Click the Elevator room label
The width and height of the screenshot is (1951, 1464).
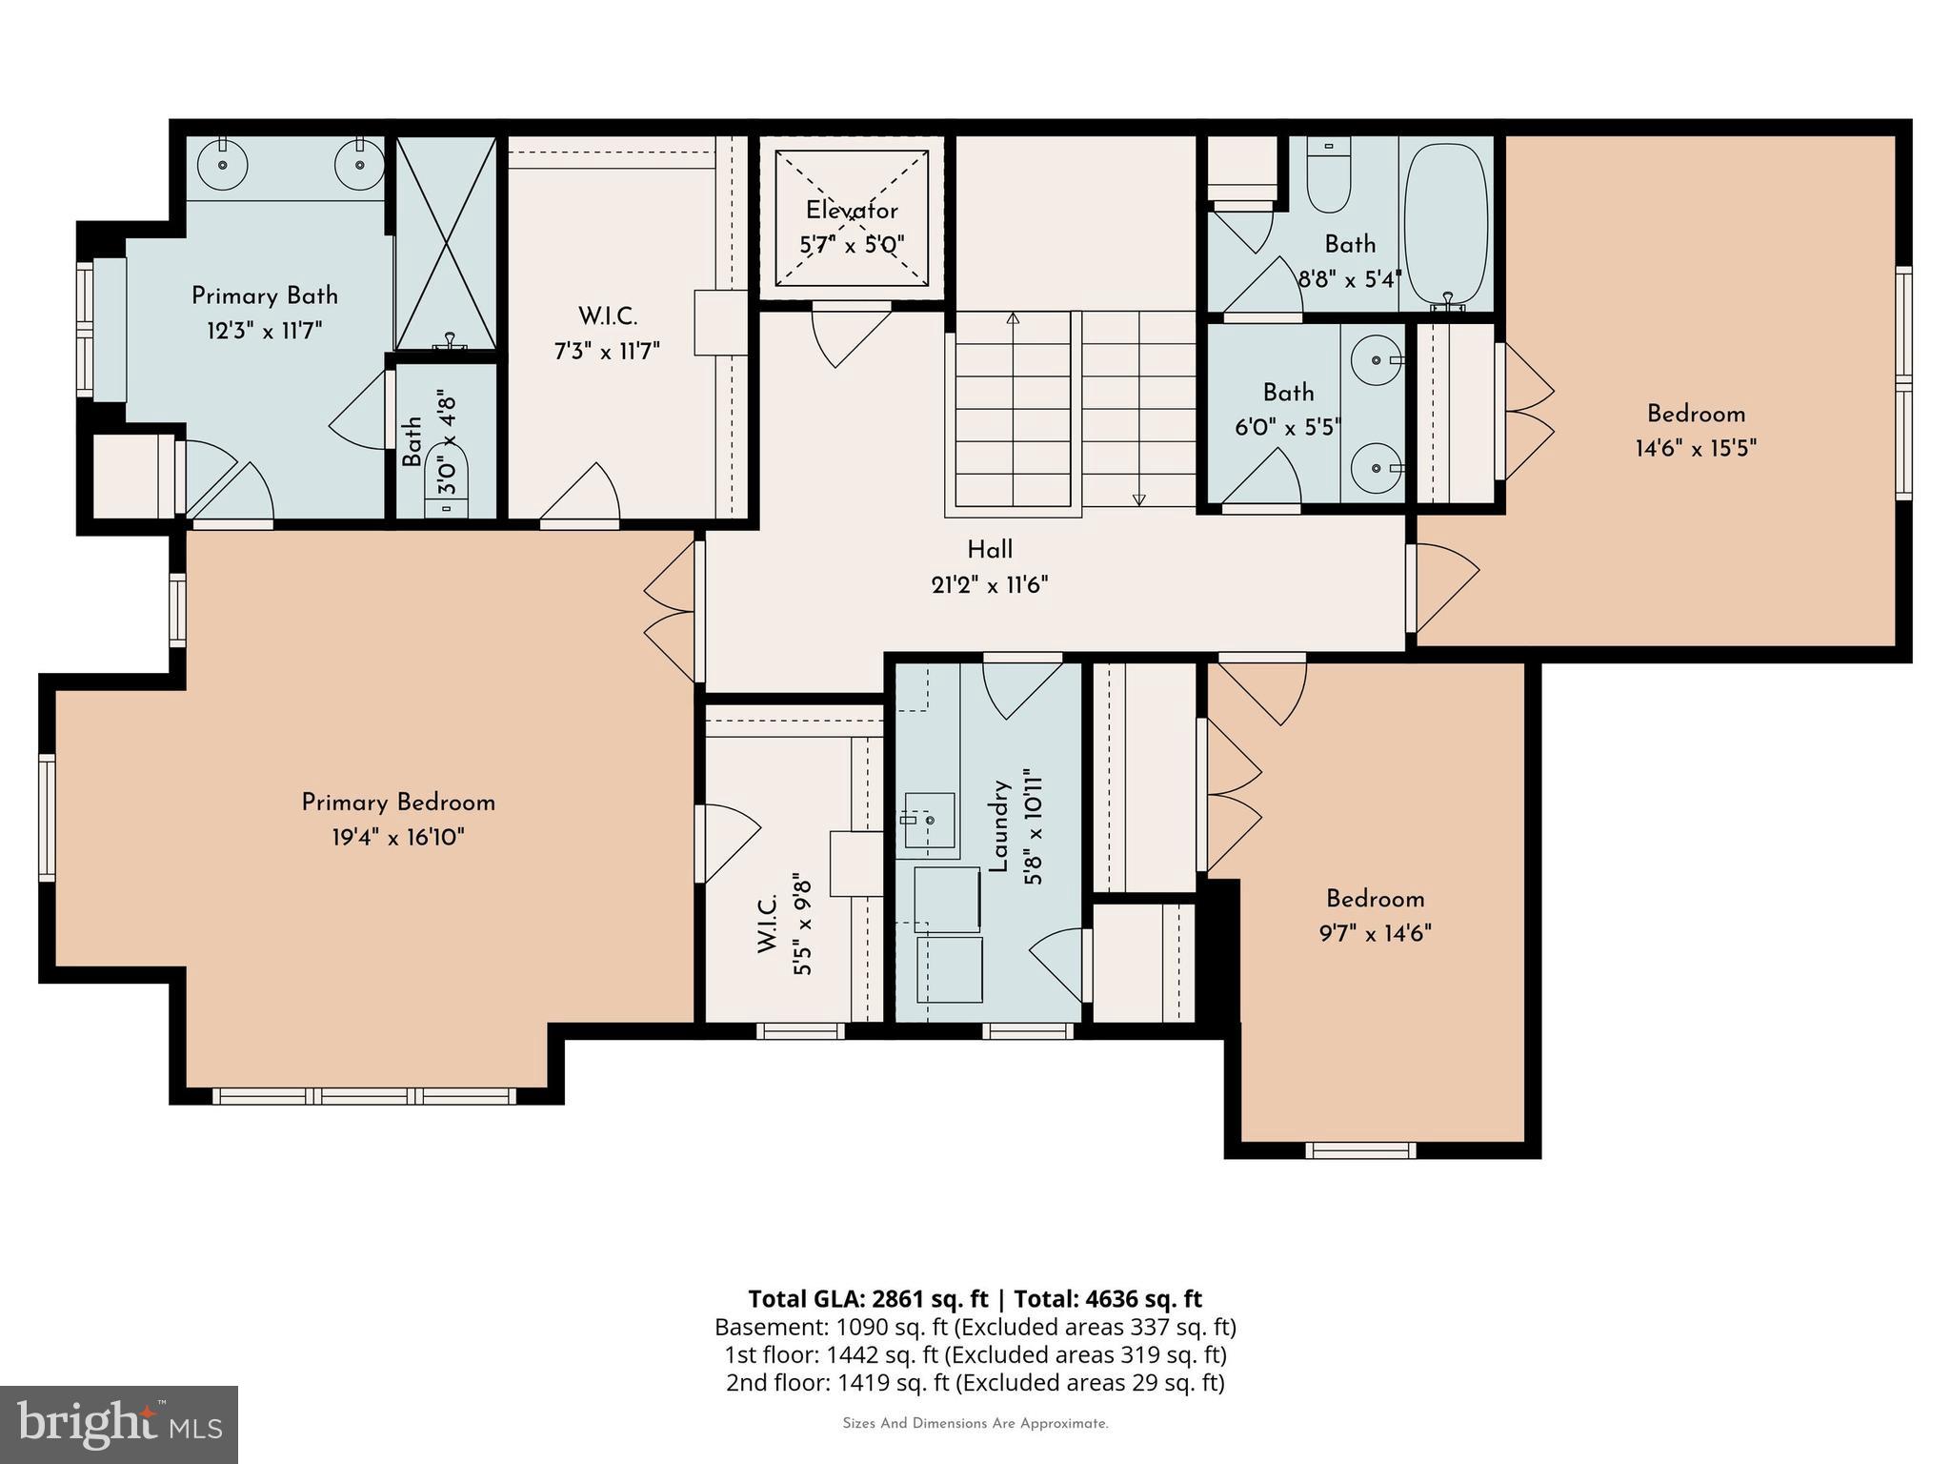[x=851, y=211]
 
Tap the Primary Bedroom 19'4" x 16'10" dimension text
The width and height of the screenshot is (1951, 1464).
[x=397, y=838]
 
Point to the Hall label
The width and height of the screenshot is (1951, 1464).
[x=990, y=550]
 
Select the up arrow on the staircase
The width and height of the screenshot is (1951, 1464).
[x=1013, y=319]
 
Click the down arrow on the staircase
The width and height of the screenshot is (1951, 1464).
[x=1138, y=498]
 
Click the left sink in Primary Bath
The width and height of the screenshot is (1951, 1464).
[x=223, y=165]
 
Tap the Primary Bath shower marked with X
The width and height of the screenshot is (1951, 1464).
[x=446, y=243]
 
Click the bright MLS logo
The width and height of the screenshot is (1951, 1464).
[x=118, y=1424]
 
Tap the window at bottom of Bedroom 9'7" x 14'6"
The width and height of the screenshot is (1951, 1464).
[x=1359, y=1150]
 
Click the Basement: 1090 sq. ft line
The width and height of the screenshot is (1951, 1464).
[x=975, y=1327]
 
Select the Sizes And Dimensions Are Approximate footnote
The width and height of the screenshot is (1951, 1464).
[x=975, y=1424]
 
